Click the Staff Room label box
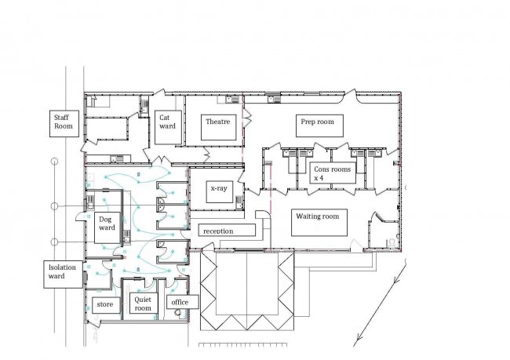(64, 124)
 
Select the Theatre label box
(218, 127)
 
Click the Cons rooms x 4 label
(333, 173)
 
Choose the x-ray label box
(220, 191)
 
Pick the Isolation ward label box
(63, 275)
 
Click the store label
(106, 305)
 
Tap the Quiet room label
(143, 304)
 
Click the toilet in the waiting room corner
(392, 242)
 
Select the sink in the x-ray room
(239, 202)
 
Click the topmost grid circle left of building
(55, 161)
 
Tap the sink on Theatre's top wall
(232, 99)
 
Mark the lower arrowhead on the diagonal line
(357, 341)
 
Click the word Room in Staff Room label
(64, 126)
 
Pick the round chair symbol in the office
(177, 312)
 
